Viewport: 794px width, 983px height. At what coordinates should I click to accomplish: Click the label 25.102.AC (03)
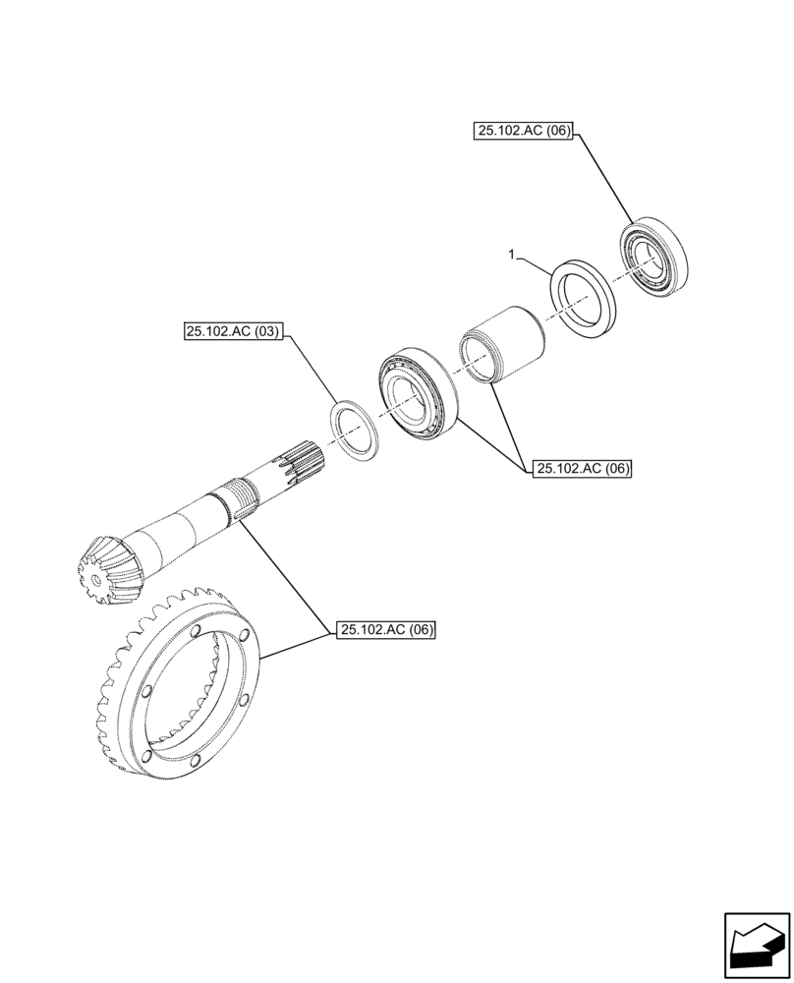[x=232, y=333]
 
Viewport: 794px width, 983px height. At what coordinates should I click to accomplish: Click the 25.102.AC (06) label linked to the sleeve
[x=583, y=469]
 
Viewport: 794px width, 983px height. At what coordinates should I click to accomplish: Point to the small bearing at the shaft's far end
[x=653, y=261]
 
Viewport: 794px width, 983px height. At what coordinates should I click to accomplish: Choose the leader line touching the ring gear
[x=295, y=643]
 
